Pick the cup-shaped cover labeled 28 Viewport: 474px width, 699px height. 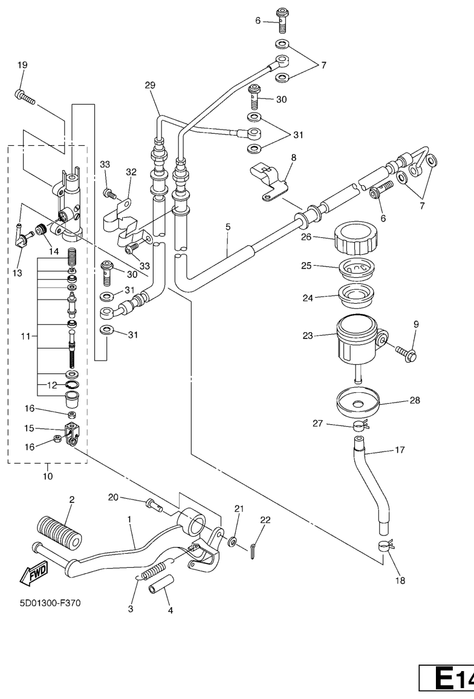(x=355, y=403)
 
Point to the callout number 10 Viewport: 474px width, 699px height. (x=47, y=476)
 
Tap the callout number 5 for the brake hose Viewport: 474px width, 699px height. (x=228, y=228)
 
